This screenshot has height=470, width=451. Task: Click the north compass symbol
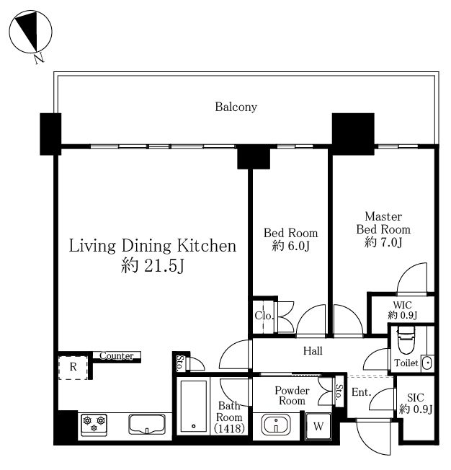click(30, 32)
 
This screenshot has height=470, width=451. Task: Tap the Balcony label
click(236, 107)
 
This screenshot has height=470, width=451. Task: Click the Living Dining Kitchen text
click(153, 246)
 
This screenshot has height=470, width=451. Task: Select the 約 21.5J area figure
click(152, 265)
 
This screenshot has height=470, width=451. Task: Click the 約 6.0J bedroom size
click(290, 246)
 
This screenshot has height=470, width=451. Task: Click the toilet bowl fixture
click(406, 340)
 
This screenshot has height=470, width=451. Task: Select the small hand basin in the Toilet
click(427, 363)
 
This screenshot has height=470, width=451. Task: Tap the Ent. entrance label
click(361, 392)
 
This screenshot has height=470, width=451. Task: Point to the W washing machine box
click(318, 426)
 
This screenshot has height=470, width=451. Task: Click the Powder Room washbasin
click(276, 425)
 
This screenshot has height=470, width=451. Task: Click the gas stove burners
click(94, 425)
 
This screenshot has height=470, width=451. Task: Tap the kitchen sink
click(147, 425)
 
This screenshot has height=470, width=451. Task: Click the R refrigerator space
click(73, 367)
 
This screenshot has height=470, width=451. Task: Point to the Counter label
click(116, 356)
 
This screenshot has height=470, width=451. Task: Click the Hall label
click(313, 351)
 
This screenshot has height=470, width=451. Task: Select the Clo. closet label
click(264, 316)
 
